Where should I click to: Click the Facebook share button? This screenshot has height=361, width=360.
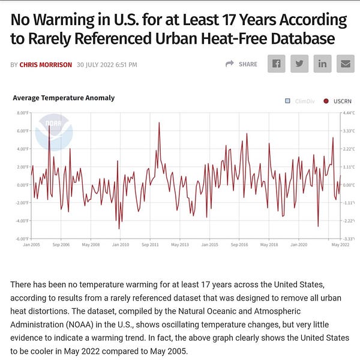click(277, 64)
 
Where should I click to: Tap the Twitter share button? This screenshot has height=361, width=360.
click(299, 64)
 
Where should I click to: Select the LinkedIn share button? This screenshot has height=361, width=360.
click(322, 64)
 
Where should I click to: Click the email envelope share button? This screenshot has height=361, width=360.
click(345, 64)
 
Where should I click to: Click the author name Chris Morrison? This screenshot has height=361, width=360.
click(45, 64)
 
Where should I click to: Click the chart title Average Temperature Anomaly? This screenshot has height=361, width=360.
click(64, 98)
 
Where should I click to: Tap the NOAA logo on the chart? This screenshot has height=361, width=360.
click(53, 132)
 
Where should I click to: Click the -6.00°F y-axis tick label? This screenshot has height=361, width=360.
click(21, 239)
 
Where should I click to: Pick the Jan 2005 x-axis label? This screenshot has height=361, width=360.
click(32, 245)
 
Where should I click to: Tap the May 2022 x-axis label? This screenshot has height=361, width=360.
click(340, 245)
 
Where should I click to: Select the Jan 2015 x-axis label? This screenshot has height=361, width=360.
click(209, 245)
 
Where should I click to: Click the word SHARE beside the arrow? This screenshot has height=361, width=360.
click(248, 64)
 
